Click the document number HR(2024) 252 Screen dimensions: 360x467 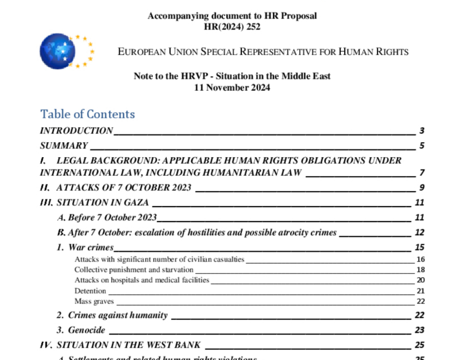232,26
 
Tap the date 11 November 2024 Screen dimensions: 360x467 232,87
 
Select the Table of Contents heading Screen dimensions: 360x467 87,114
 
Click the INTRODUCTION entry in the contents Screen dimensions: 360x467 76,131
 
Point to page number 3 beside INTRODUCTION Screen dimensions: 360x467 422,131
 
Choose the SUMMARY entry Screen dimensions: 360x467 64,146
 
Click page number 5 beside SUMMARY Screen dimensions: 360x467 422,146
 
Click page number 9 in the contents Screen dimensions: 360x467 422,188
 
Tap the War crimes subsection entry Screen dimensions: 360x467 90,247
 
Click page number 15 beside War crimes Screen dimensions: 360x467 420,247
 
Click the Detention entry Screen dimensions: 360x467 90,291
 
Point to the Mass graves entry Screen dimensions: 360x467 94,301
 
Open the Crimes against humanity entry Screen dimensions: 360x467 117,315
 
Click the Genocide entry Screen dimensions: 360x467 86,330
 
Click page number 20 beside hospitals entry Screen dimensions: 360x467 420,280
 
